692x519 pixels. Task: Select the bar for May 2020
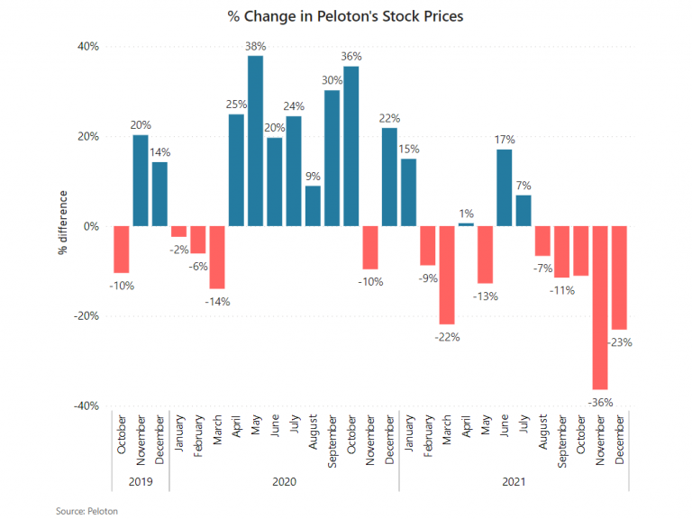coord(255,141)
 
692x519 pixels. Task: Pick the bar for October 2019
coord(121,250)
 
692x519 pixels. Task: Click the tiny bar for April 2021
coord(466,224)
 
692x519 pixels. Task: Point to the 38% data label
coord(255,46)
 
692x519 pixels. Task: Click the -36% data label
coord(599,399)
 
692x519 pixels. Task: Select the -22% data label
coord(447,337)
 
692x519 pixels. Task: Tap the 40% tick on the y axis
coord(87,47)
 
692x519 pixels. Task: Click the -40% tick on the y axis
coord(86,406)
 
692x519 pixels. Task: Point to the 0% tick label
coord(90,227)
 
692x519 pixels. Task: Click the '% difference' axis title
coord(62,223)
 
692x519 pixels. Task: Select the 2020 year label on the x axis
coord(284,482)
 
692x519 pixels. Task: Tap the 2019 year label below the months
coord(140,482)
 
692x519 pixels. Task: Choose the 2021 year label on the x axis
coord(514,482)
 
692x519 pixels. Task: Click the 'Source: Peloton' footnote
coord(87,511)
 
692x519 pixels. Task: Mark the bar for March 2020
coord(216,257)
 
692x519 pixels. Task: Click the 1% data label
coord(466,213)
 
